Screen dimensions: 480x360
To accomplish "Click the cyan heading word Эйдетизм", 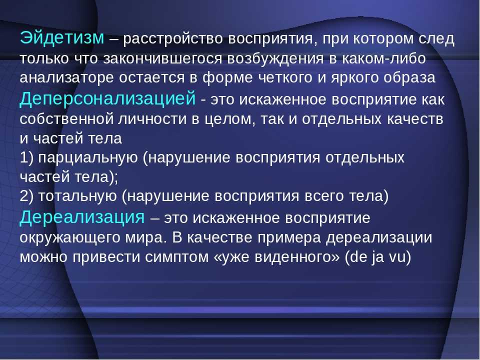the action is click(62, 38).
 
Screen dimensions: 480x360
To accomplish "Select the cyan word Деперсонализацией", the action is click(107, 98).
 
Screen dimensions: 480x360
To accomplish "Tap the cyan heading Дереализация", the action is click(82, 217).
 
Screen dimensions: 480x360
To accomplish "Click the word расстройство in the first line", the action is click(172, 39).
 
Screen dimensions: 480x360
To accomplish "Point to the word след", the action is click(436, 39).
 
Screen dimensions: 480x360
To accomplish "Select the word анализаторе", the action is click(66, 78).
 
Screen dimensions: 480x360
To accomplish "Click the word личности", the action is click(152, 119).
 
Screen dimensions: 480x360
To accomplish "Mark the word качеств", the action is click(415, 119).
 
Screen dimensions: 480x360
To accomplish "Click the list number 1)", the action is click(26, 158).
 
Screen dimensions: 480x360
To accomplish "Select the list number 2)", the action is click(26, 196).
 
